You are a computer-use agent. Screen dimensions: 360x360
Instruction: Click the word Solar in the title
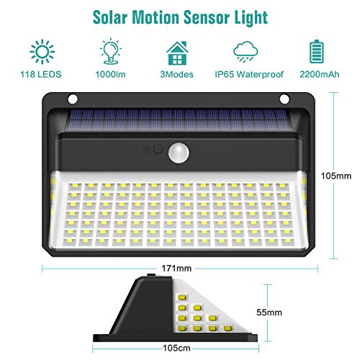pos(109,17)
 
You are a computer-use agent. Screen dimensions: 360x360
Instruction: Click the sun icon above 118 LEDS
pos(42,52)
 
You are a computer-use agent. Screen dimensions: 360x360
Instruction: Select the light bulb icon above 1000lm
pos(111,51)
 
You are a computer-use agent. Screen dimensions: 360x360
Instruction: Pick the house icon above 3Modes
pos(177,53)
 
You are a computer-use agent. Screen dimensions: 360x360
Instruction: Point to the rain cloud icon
pos(246,52)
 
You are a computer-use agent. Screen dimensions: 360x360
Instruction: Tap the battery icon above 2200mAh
pos(317,52)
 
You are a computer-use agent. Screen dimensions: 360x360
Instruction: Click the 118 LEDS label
pos(41,74)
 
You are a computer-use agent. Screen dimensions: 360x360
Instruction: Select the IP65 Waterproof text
pos(249,74)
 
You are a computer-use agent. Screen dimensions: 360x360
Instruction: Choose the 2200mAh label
pos(320,74)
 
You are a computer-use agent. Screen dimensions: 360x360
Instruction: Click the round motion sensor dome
pos(179,153)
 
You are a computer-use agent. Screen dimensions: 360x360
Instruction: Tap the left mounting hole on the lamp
pos(73,99)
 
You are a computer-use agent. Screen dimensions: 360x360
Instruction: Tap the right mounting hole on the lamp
pos(284,99)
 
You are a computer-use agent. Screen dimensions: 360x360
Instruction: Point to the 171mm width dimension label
pos(176,268)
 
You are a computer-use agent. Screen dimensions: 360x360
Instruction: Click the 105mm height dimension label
pos(336,176)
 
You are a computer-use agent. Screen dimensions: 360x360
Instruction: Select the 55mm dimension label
pos(269,312)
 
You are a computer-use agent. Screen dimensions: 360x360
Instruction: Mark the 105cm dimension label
pos(176,348)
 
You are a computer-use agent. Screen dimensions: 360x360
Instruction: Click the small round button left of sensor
pos(158,149)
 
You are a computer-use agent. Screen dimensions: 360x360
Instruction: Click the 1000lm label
pos(110,74)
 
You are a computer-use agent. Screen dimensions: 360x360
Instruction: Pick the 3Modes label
pos(176,74)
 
